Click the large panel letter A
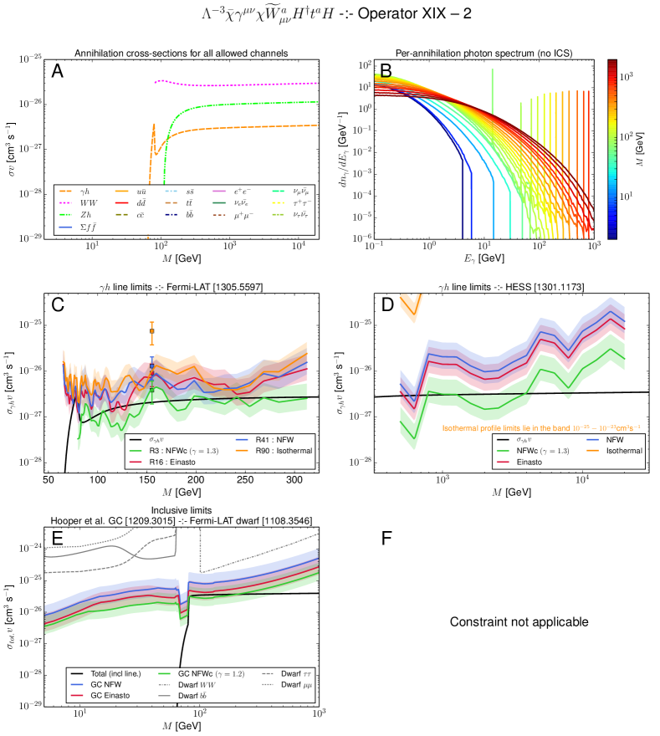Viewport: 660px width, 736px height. (x=58, y=71)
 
